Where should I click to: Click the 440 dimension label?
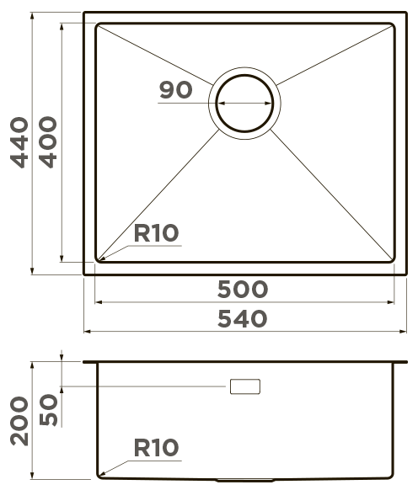(x=19, y=142)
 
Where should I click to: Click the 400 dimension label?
(x=49, y=142)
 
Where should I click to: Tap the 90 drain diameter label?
(x=175, y=90)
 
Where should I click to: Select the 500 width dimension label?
(x=243, y=289)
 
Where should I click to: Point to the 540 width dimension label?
(x=243, y=319)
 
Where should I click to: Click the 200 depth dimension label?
(x=19, y=420)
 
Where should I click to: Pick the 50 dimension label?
(x=49, y=410)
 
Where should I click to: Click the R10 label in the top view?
(x=156, y=233)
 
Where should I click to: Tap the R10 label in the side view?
(x=156, y=449)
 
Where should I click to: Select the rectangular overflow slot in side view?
(x=245, y=386)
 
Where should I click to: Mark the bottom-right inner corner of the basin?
(x=394, y=258)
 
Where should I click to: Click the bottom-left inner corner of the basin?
(x=98, y=258)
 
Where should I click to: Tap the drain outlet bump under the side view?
(x=244, y=481)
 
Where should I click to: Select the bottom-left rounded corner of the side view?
(x=100, y=477)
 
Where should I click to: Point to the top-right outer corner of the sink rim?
(x=407, y=13)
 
